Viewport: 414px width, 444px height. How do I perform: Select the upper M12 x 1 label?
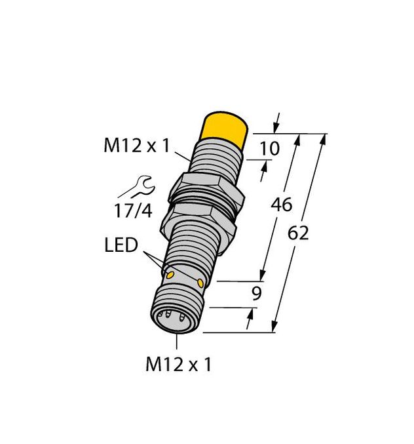coord(136,146)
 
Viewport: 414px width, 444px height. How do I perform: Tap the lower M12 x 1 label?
coord(178,365)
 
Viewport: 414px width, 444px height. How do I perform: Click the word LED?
coord(121,247)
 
